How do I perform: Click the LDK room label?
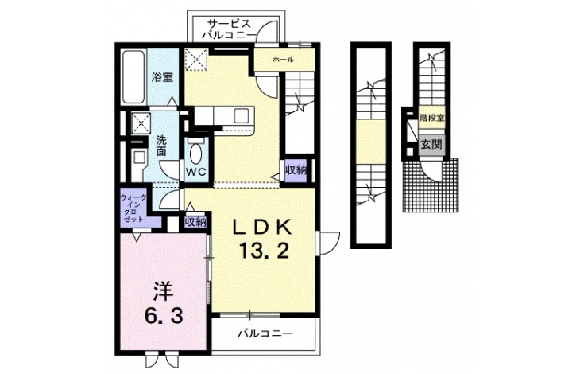pos(262,228)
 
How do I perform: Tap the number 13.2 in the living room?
pos(263,251)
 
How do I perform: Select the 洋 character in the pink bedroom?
pos(164,292)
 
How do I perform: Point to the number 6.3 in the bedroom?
pos(163,316)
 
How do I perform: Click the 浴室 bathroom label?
pos(162,77)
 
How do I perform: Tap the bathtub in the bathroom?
pos(133,76)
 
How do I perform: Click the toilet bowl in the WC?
pos(195,154)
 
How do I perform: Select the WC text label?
pos(195,173)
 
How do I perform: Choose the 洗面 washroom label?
pos(161,146)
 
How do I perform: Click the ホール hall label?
pos(283,59)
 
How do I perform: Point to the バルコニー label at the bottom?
pos(265,333)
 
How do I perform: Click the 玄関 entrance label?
pos(431,144)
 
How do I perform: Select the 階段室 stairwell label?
pos(431,118)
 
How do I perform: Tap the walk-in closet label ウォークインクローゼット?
pos(133,208)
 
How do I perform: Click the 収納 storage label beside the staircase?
pos(296,170)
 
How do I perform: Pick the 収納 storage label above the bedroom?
pos(195,222)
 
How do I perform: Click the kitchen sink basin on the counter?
pos(243,116)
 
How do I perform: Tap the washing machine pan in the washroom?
pos(141,123)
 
